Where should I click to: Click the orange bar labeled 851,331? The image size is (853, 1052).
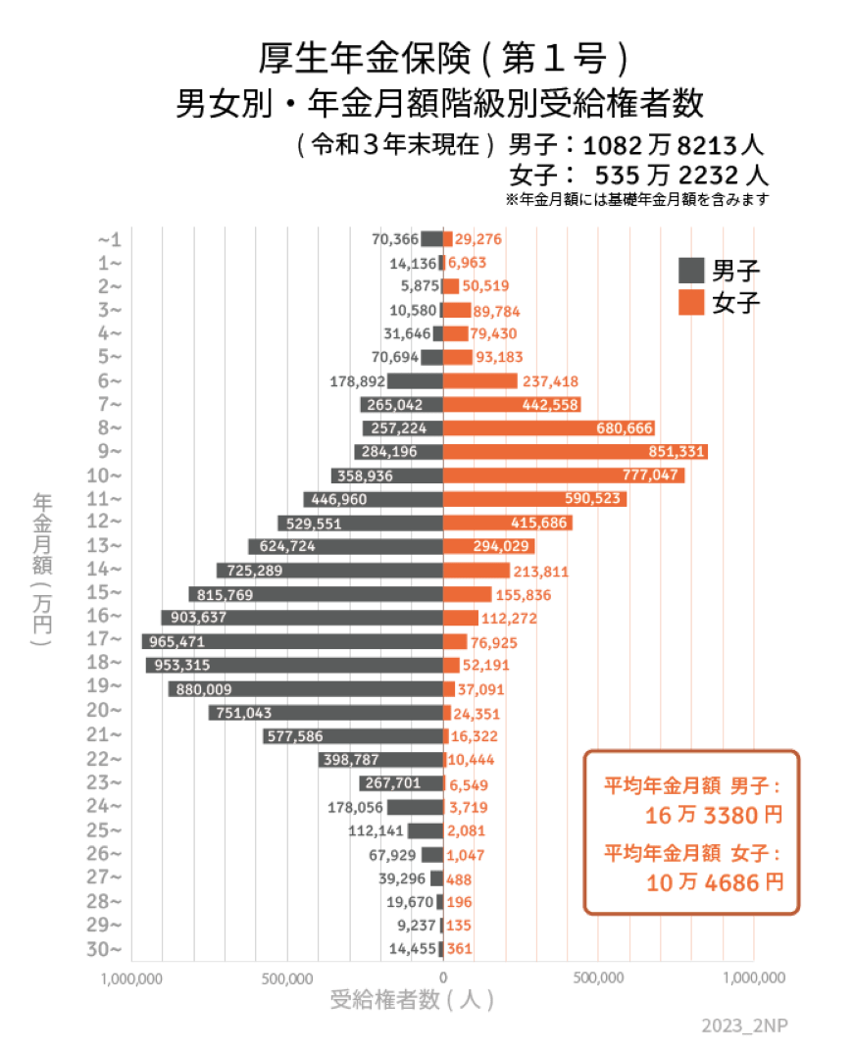(576, 452)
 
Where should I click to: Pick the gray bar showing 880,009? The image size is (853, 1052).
(305, 689)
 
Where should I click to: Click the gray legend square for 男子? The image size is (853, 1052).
(692, 271)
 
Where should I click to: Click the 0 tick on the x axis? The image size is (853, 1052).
(443, 977)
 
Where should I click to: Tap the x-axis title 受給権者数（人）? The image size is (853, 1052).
(412, 1001)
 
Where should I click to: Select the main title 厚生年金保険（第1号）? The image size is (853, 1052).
(442, 59)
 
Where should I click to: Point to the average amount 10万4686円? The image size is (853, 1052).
(715, 882)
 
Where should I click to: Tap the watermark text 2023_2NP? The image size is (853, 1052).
(744, 1026)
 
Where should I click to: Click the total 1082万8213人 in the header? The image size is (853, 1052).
(673, 147)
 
